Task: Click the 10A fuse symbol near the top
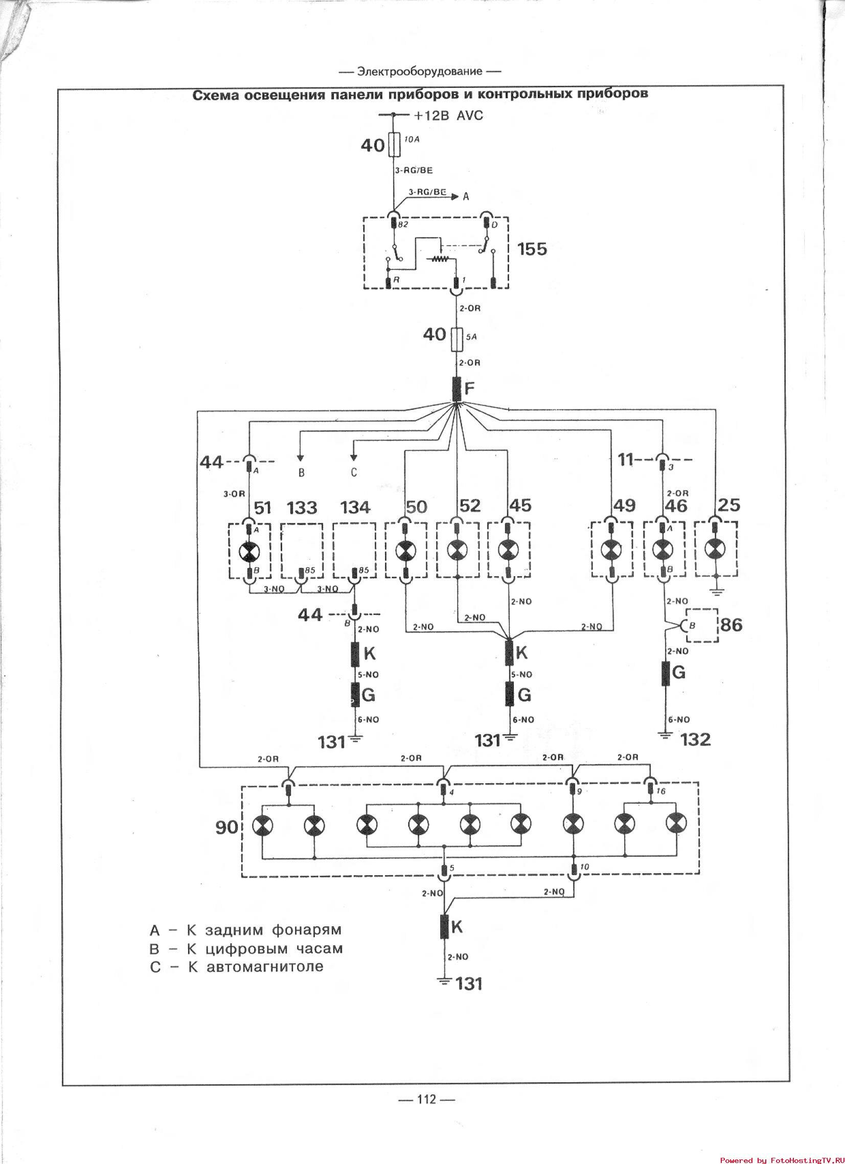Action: tap(394, 144)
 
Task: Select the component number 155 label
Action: tap(532, 249)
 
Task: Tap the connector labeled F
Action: tap(457, 389)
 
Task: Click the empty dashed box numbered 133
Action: tap(302, 549)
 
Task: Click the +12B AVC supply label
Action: tap(448, 116)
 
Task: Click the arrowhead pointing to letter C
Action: tap(354, 458)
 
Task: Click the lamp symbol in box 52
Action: tap(456, 551)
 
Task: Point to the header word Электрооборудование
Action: tap(420, 72)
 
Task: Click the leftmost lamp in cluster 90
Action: tap(262, 826)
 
